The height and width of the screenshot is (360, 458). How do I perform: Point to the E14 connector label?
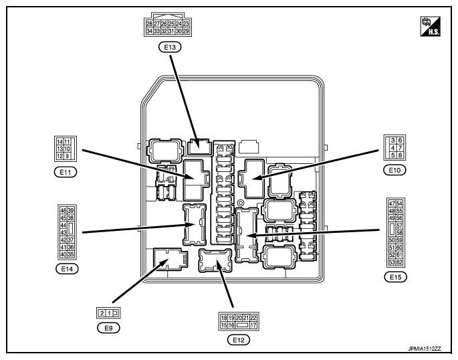point(67,269)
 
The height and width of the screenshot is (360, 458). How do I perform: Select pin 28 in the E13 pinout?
point(149,23)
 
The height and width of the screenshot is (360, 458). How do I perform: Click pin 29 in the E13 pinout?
point(186,31)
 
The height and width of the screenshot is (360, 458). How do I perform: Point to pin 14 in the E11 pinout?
point(59,142)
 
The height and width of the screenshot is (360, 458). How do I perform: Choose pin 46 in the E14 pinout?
point(63,210)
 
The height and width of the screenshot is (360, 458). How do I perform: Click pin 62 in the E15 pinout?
point(399,262)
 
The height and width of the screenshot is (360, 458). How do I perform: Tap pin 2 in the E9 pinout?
point(102,312)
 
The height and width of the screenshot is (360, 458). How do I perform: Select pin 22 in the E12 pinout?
point(253,317)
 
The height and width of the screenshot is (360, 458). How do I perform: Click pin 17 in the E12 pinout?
point(253,325)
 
